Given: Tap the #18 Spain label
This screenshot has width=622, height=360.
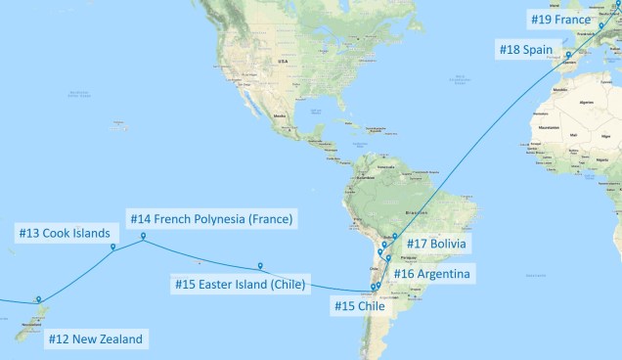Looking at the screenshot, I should pyautogui.click(x=526, y=49).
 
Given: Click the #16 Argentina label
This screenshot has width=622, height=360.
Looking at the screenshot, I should pyautogui.click(x=431, y=274).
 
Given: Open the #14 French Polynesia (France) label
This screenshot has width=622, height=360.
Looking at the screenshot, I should pyautogui.click(x=211, y=217).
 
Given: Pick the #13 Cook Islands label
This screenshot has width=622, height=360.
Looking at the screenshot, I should pyautogui.click(x=62, y=233).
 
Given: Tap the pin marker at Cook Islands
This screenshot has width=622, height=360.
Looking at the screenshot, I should pyautogui.click(x=113, y=247).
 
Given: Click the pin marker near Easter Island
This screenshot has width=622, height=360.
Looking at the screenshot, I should pyautogui.click(x=260, y=265).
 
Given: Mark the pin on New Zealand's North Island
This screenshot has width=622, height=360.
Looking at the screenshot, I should pyautogui.click(x=38, y=299).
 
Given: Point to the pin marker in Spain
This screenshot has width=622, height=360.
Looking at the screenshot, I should pyautogui.click(x=568, y=54).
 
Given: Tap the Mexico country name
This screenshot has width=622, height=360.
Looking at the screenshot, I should pyautogui.click(x=288, y=115).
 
